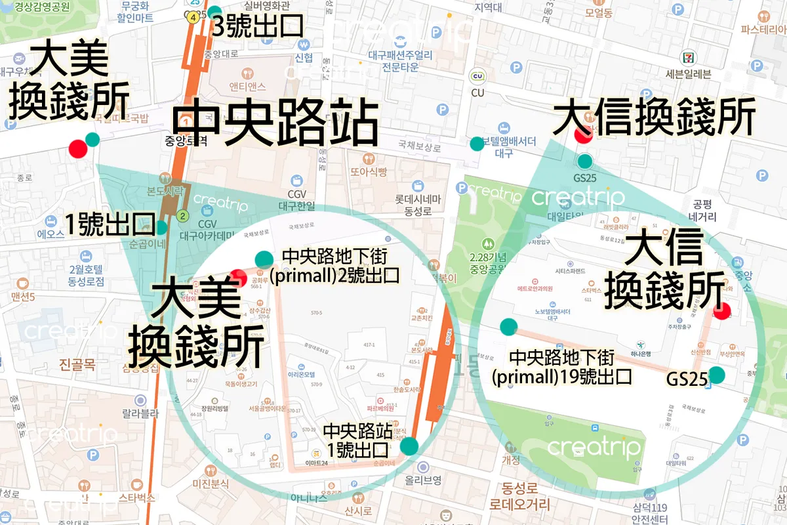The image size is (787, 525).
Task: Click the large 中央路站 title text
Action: (275, 123)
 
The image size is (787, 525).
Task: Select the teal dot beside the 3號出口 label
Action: (215, 11)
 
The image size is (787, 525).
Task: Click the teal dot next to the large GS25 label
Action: (716, 375)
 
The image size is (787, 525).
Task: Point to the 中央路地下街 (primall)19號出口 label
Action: (562, 367)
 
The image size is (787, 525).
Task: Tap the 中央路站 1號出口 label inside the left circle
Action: (358, 440)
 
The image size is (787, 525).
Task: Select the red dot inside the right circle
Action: (722, 310)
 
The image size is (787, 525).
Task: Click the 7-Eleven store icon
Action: (688, 57)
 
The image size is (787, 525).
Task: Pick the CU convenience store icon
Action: (477, 77)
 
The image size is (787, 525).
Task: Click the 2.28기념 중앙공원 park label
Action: (484, 262)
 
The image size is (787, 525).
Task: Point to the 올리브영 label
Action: (423, 480)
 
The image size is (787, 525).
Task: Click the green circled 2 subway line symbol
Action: (183, 215)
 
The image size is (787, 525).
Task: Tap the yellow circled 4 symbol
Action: (192, 18)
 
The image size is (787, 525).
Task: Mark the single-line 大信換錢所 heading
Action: (654, 118)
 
